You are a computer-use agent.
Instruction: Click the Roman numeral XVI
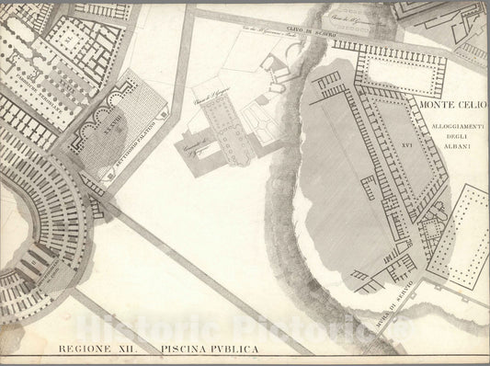(407, 146)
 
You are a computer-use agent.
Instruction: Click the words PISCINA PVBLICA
(209, 349)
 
